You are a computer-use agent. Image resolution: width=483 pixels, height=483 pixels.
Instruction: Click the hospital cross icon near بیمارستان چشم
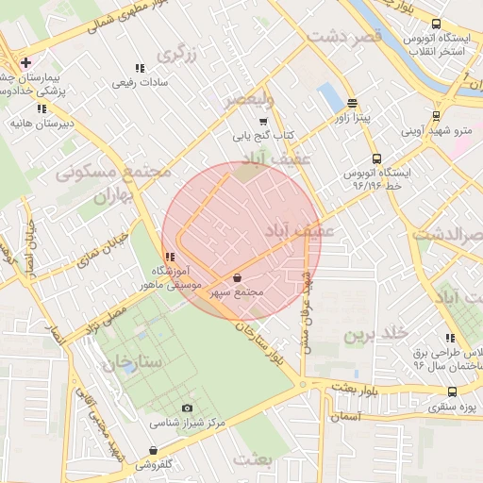[25, 62]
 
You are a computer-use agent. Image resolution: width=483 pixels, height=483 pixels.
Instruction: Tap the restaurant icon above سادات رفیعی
[141, 68]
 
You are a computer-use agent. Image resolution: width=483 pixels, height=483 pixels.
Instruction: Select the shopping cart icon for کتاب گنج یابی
[263, 121]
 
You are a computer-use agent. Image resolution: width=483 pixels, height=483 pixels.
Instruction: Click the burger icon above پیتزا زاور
[352, 104]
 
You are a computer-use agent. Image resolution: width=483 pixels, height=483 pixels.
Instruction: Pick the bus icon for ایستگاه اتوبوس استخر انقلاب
[436, 25]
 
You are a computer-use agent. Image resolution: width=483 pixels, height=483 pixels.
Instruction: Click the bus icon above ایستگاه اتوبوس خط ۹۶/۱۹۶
[377, 158]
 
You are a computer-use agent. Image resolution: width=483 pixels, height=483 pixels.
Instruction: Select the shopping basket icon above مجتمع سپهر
[236, 278]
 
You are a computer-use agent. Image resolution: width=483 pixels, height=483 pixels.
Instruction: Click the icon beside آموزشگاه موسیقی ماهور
[169, 257]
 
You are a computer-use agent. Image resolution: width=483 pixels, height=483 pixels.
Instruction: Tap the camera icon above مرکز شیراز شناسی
[186, 407]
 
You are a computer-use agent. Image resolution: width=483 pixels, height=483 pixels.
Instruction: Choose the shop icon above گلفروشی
[153, 450]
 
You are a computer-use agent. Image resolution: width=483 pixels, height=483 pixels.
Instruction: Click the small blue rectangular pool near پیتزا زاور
[329, 96]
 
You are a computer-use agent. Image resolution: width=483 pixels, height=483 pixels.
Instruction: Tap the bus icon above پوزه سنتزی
[453, 391]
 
